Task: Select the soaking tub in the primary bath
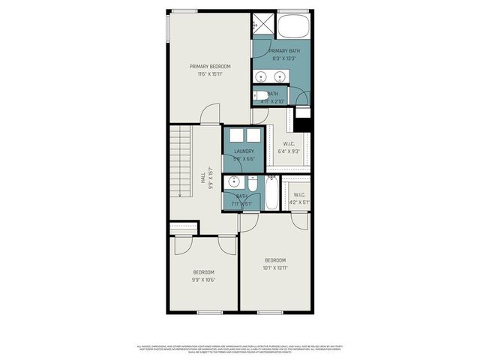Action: click(x=293, y=26)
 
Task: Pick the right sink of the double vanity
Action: click(x=280, y=76)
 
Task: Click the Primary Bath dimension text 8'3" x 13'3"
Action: click(x=279, y=57)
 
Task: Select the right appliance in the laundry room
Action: click(x=253, y=136)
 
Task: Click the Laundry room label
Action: click(x=244, y=151)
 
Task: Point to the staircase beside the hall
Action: click(x=181, y=162)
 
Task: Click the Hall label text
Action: click(x=202, y=178)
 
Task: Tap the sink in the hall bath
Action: click(x=234, y=182)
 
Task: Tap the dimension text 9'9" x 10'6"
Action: click(x=203, y=280)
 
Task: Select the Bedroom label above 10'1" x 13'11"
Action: click(x=274, y=260)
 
